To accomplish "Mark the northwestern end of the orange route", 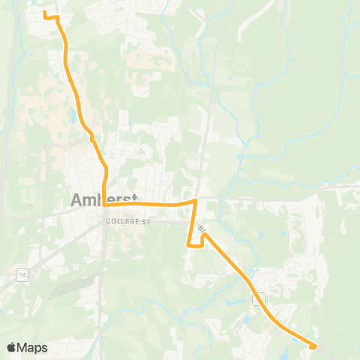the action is (x=44, y=13).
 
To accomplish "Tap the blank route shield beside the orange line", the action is (x=259, y=299).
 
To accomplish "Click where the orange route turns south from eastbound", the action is (x=196, y=201).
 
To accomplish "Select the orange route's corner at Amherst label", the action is (x=104, y=203).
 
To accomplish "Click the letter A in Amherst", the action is (x=77, y=200).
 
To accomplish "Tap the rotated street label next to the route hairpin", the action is (x=202, y=225).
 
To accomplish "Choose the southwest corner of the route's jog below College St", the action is (x=187, y=244).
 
